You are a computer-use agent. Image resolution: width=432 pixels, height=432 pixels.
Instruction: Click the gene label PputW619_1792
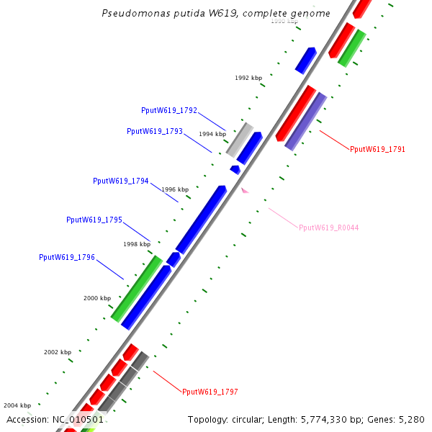(169, 110)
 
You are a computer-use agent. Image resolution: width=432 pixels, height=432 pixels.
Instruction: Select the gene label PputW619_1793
(155, 132)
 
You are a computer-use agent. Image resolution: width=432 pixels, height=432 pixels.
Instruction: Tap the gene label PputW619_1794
(121, 181)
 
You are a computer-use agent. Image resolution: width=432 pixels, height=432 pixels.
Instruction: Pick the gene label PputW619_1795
(94, 220)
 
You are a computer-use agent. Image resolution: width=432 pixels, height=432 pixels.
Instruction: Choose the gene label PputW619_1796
(67, 257)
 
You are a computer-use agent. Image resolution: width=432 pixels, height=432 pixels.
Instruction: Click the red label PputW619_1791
(377, 150)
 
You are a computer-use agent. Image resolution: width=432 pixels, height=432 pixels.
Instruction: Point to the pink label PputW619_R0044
(328, 228)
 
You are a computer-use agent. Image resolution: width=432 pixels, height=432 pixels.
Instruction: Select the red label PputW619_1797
(210, 392)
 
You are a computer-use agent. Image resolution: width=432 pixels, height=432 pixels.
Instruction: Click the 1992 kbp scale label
(248, 78)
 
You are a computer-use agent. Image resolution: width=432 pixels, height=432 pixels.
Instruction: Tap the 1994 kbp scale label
(212, 134)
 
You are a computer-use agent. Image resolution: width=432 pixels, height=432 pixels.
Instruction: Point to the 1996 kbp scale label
(174, 189)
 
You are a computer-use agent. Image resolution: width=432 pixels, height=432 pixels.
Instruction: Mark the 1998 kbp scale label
(136, 244)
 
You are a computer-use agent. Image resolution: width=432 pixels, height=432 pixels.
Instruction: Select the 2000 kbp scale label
(97, 297)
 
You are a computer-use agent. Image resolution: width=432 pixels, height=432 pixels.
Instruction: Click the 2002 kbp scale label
(58, 352)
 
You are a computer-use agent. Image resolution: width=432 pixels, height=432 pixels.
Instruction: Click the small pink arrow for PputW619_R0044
(245, 190)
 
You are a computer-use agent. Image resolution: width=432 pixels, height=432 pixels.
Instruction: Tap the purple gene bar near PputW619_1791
(306, 122)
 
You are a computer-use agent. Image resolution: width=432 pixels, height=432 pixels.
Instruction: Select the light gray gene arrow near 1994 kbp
(240, 139)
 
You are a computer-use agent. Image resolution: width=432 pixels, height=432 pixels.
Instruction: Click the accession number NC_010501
(78, 419)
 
